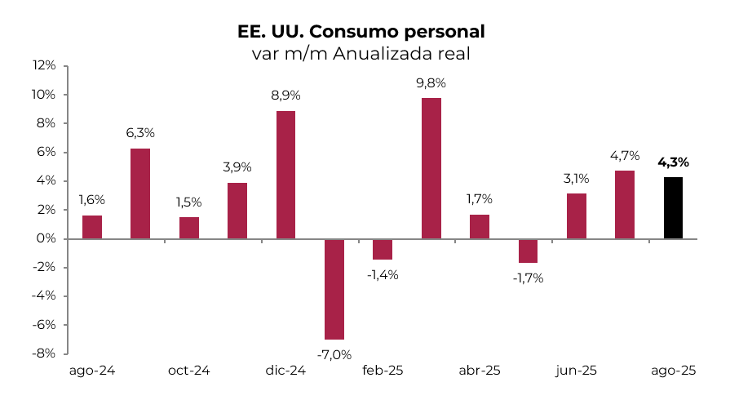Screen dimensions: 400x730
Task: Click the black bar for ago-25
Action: (673, 208)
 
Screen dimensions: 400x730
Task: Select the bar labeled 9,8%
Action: (431, 168)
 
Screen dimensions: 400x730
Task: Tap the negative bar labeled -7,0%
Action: (334, 289)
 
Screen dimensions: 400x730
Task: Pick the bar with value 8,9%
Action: (286, 175)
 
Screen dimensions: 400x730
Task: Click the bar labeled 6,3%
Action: (140, 193)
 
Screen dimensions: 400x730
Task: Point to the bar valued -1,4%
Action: (383, 249)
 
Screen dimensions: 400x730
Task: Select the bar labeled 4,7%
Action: (625, 205)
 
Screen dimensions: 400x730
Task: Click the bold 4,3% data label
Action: (673, 162)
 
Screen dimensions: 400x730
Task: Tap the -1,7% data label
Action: (528, 278)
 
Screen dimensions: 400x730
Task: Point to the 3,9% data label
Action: (237, 167)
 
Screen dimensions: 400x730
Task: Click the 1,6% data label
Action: (91, 199)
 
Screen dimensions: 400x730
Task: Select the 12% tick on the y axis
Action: (44, 66)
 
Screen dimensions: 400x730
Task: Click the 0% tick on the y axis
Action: (46, 238)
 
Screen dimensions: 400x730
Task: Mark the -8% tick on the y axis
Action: (44, 353)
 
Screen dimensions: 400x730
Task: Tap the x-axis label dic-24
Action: (285, 371)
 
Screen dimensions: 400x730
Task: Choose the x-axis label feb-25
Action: (383, 371)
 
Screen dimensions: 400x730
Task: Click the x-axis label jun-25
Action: (576, 371)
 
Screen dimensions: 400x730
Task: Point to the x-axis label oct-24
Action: (188, 371)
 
